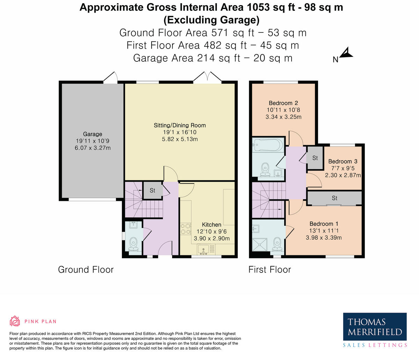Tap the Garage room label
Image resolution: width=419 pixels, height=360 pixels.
[93, 134]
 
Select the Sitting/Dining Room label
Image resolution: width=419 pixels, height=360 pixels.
[180, 125]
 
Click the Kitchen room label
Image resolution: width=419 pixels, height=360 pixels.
[212, 225]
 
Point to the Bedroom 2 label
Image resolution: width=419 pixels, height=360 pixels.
[283, 103]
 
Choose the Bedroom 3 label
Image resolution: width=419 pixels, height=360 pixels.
[343, 161]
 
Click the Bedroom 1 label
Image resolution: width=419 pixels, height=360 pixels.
[324, 224]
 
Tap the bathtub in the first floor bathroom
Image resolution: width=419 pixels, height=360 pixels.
[268, 144]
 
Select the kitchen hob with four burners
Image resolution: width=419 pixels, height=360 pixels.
[185, 229]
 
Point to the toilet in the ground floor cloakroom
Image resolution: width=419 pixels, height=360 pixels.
[133, 243]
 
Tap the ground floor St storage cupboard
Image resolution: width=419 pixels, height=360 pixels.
[153, 190]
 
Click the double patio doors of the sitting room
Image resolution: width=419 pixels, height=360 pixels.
[207, 78]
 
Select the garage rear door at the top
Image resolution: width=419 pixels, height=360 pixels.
[110, 78]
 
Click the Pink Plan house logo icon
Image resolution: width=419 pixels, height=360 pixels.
[15, 321]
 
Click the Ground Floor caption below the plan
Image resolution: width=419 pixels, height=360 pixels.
[86, 270]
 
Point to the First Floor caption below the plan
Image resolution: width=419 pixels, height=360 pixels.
[270, 270]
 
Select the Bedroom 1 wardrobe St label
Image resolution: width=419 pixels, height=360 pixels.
[335, 198]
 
